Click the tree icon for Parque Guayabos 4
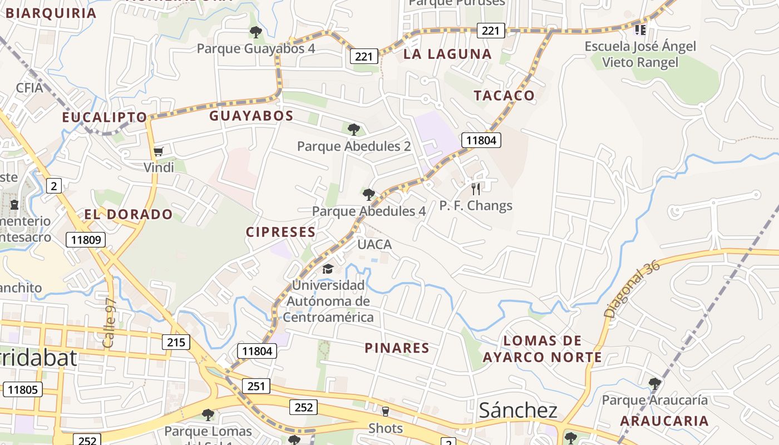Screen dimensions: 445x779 pos(256,32)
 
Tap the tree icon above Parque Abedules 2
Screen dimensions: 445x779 pos(353,130)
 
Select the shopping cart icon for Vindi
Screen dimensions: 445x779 pos(159,151)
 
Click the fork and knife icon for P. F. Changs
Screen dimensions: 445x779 pos(475,189)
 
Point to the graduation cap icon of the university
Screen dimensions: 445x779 pos(328,269)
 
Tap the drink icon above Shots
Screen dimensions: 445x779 pos(385,412)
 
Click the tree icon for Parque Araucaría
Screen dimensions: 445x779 pos(655,383)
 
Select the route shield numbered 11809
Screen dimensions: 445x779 pos(86,240)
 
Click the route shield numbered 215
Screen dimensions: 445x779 pos(176,342)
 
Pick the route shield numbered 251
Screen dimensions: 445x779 pos(256,386)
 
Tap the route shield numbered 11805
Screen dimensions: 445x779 pos(23,389)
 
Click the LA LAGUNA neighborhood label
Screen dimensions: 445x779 pos(447,54)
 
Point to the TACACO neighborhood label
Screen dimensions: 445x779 pos(504,95)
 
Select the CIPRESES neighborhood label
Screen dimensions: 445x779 pos(281,232)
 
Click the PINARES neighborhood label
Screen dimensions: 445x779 pos(397,348)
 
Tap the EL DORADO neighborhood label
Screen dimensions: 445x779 pos(129,214)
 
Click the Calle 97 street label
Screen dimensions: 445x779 pos(109,323)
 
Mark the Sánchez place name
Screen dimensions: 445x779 pos(518,411)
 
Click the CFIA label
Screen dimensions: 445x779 pos(29,87)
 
